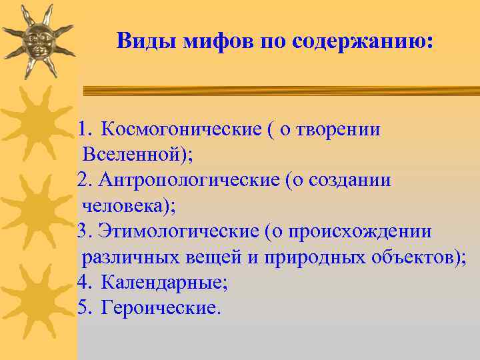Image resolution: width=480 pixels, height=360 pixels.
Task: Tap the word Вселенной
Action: [134, 155]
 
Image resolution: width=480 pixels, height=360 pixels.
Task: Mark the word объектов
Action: [417, 257]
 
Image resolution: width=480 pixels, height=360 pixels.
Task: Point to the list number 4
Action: [83, 283]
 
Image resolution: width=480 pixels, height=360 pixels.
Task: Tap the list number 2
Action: [83, 180]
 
